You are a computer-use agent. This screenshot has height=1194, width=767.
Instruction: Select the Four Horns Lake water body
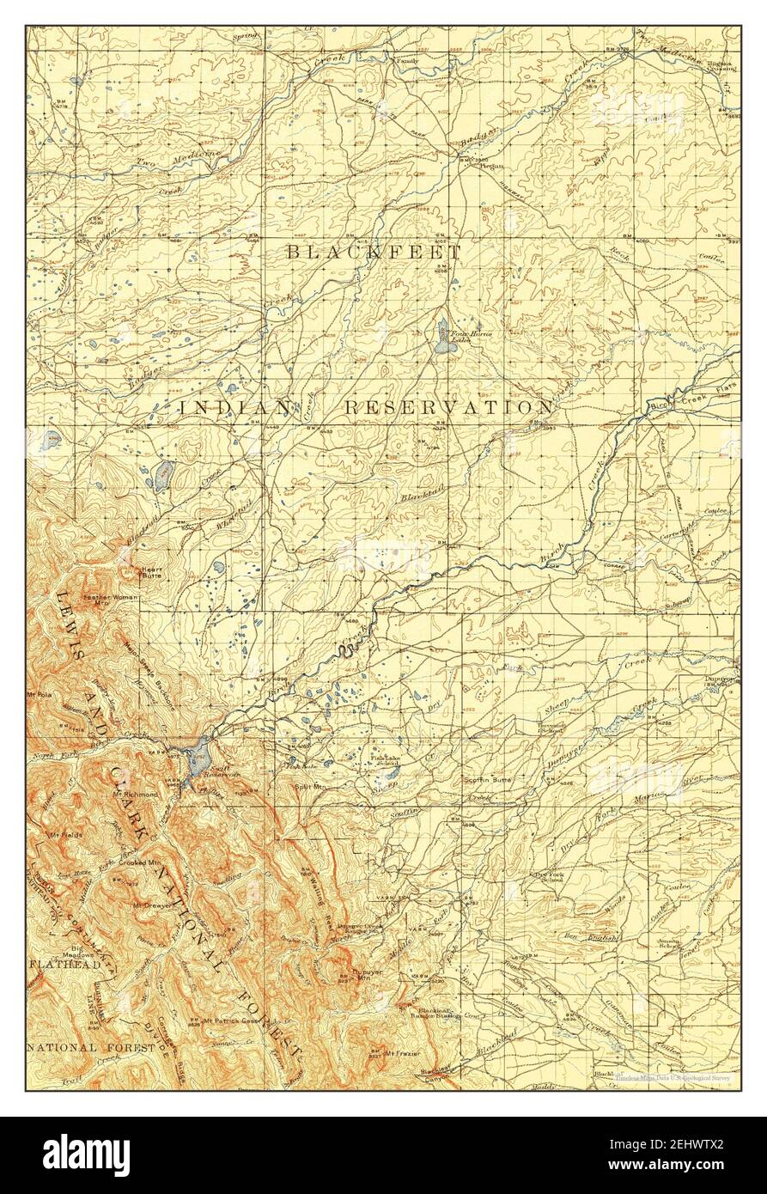pyautogui.click(x=442, y=338)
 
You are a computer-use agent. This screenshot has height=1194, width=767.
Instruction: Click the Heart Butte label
pyautogui.click(x=151, y=571)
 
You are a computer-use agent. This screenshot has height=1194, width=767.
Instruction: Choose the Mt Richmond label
pyautogui.click(x=135, y=795)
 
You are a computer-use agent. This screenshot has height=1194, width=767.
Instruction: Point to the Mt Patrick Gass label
pyautogui.click(x=231, y=1021)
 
